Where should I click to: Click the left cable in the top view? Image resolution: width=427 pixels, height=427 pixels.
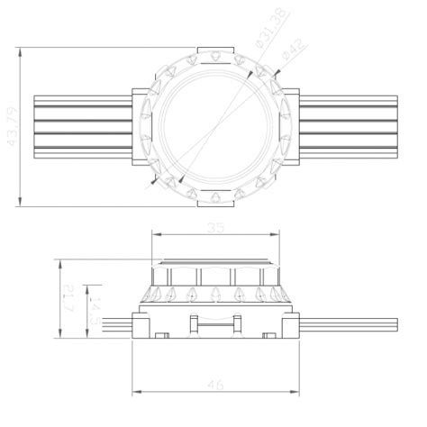81,126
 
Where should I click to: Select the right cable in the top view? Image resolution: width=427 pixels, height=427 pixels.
347,126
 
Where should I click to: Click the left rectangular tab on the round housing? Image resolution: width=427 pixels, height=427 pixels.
141,126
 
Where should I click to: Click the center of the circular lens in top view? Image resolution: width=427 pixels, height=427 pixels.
214,126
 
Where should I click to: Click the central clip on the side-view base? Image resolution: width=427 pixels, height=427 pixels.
214,324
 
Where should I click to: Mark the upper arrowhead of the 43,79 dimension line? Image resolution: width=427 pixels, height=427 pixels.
19,50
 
